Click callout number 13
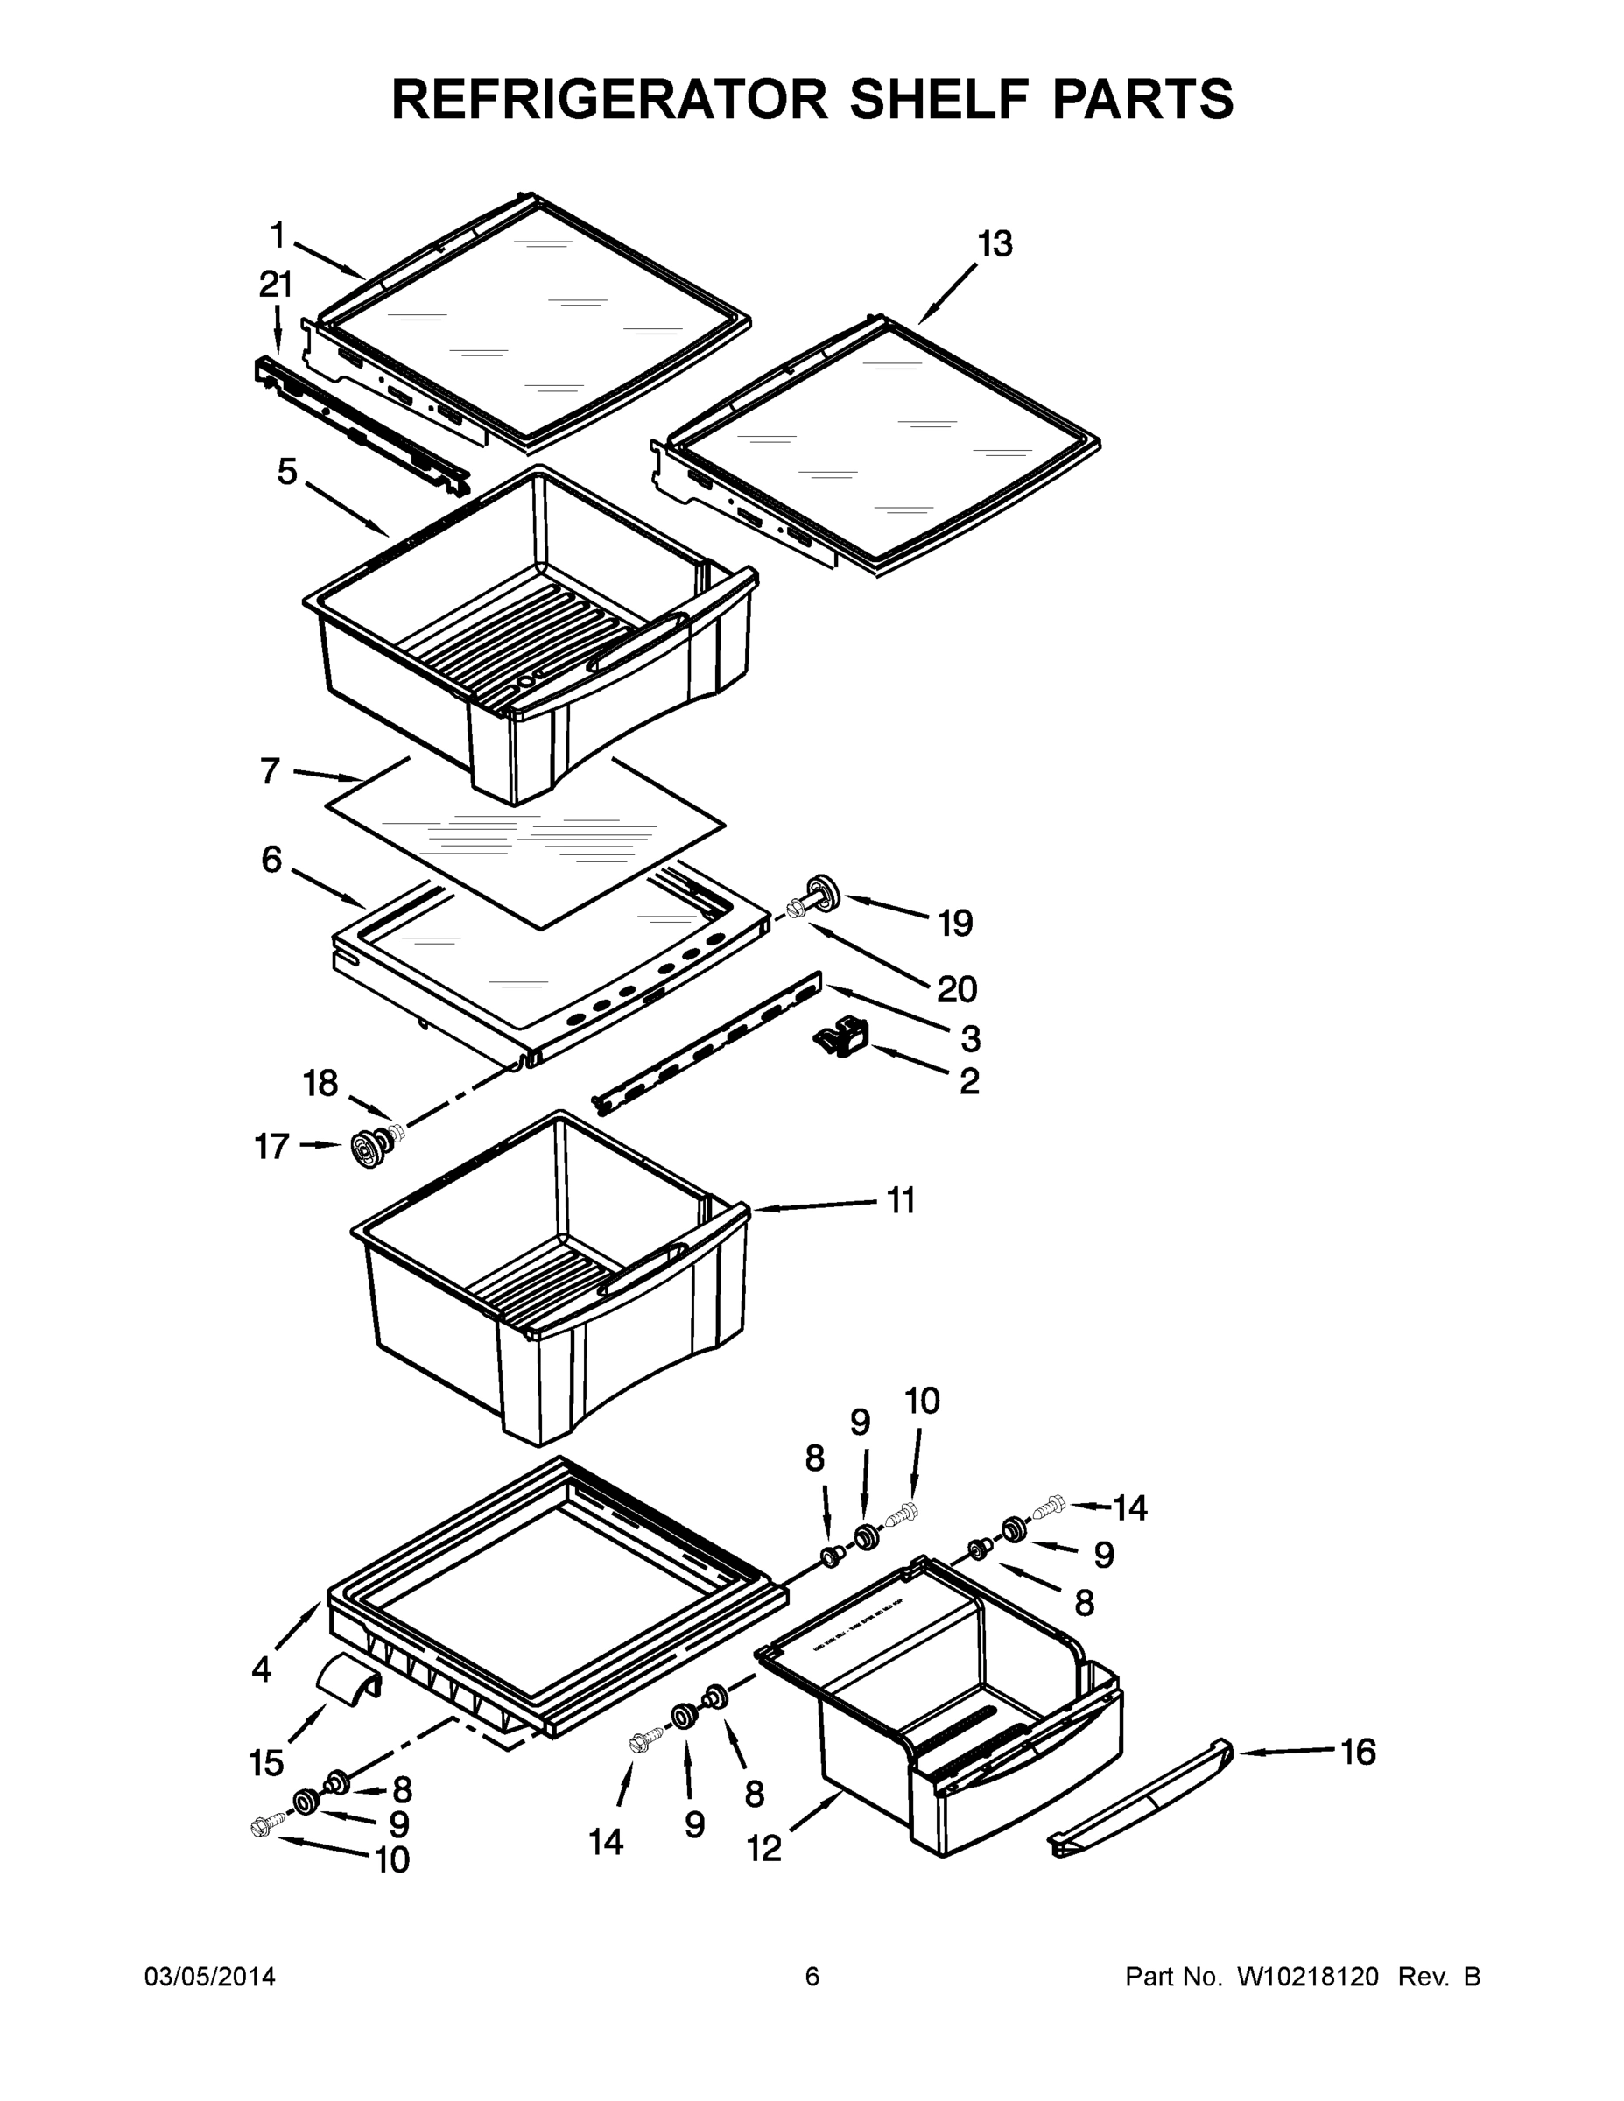coord(995,244)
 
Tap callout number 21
coord(276,285)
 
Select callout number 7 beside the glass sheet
coord(271,770)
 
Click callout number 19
coord(955,924)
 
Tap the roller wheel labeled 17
coord(369,1149)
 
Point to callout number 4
coord(262,1670)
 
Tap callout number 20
coord(956,989)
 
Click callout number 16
coord(1359,1753)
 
